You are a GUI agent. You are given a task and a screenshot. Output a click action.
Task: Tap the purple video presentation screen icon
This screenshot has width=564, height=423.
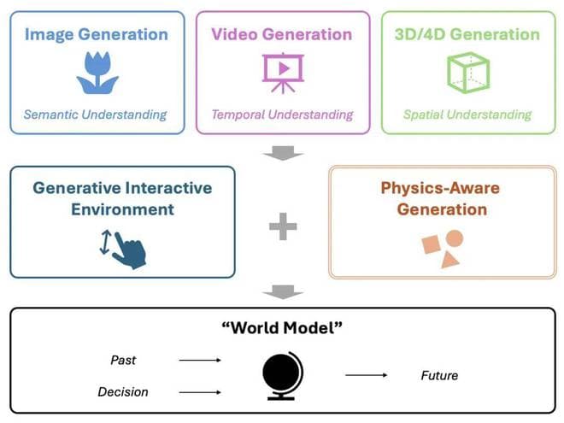pyautogui.click(x=282, y=73)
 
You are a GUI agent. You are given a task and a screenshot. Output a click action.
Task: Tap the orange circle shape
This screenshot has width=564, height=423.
pyautogui.click(x=455, y=238)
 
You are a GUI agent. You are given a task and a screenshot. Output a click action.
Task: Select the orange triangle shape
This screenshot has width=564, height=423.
pyautogui.click(x=450, y=258)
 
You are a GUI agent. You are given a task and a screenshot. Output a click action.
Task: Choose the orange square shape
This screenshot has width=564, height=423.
pyautogui.click(x=432, y=245)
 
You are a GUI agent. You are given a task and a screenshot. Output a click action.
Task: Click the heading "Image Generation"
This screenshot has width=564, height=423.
pyautogui.click(x=97, y=35)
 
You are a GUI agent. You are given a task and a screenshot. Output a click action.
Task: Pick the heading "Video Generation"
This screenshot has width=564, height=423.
pyautogui.click(x=282, y=35)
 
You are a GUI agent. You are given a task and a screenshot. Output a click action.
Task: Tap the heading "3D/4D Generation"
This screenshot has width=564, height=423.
pyautogui.click(x=467, y=35)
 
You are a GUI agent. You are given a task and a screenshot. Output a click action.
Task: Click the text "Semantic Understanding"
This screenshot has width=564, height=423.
pyautogui.click(x=96, y=115)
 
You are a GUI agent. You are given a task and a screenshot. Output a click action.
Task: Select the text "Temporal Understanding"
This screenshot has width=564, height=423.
pyautogui.click(x=282, y=115)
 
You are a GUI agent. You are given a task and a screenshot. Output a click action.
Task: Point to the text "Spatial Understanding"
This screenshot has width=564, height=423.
pyautogui.click(x=467, y=115)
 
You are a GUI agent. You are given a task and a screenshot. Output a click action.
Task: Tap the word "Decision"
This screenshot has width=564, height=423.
pyautogui.click(x=123, y=392)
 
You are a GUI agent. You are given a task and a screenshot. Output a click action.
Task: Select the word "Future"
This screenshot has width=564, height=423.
pyautogui.click(x=439, y=376)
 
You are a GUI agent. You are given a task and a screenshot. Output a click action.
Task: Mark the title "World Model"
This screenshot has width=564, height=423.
pyautogui.click(x=281, y=328)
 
